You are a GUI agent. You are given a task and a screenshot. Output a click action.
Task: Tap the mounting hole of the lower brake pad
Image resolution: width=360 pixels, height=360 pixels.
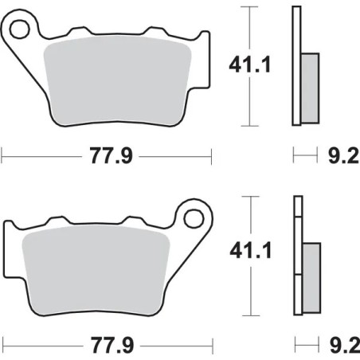195,216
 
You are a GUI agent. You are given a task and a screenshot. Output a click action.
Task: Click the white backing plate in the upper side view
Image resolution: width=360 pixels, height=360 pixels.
297,64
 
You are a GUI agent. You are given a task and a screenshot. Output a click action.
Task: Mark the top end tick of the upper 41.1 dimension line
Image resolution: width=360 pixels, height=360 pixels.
251,6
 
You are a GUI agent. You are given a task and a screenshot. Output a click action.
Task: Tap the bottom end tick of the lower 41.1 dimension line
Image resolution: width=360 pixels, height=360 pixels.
251,314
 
